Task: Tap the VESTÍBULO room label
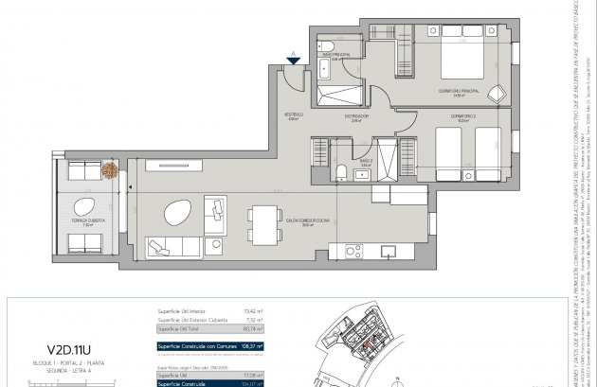coord(294,117)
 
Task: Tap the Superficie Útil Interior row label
coord(182,308)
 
